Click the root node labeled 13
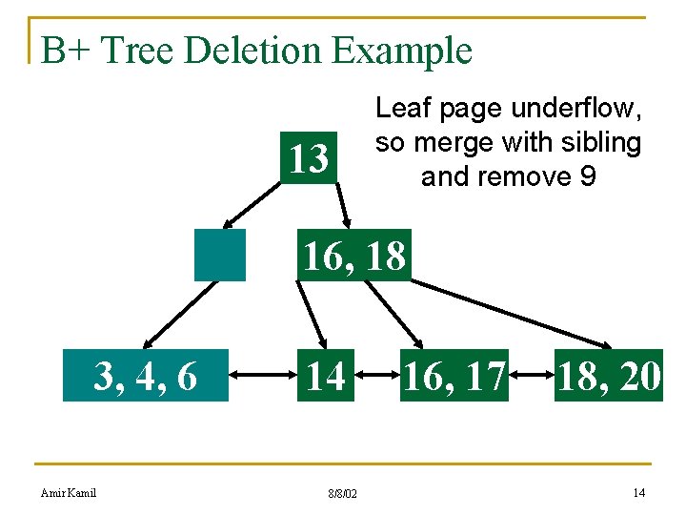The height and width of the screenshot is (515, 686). click(308, 159)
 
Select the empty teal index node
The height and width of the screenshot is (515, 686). click(219, 255)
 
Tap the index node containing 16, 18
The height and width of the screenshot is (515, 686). click(353, 256)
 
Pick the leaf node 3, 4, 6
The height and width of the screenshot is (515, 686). click(146, 376)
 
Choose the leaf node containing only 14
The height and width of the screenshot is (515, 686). click(325, 376)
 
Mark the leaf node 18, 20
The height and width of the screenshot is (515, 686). click(609, 376)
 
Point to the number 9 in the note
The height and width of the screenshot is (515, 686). click(586, 176)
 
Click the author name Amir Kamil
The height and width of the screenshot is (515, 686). click(69, 492)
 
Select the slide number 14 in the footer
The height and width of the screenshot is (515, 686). click(638, 492)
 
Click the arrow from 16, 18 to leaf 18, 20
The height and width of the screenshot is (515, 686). click(514, 312)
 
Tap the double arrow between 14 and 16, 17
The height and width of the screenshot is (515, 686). click(376, 377)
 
